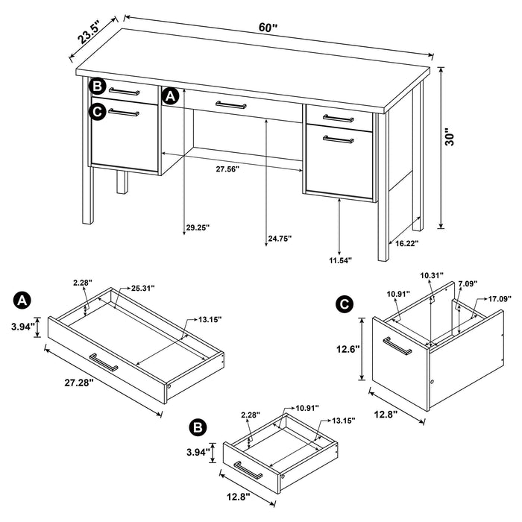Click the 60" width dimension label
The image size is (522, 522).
click(x=268, y=26)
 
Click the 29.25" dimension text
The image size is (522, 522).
click(x=198, y=228)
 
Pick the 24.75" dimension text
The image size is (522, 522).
click(x=280, y=238)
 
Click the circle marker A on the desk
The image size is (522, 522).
click(x=170, y=95)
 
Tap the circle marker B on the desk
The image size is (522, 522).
click(x=98, y=87)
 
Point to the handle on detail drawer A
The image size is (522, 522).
click(x=104, y=362)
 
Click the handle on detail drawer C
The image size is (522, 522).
click(x=395, y=348)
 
